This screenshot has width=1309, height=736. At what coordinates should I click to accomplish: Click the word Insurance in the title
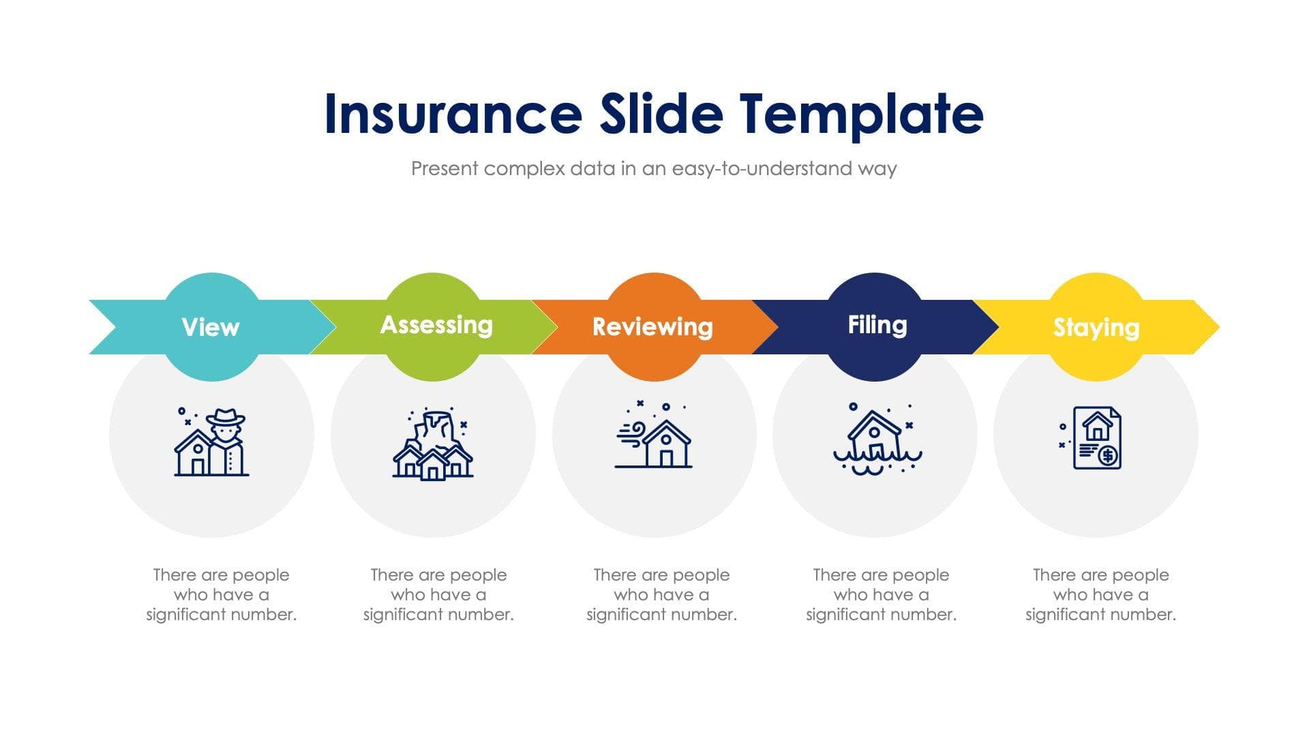pyautogui.click(x=452, y=114)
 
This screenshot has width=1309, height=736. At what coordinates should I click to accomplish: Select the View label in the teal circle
pyautogui.click(x=211, y=327)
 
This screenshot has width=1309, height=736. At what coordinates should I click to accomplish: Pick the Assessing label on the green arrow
pyautogui.click(x=436, y=325)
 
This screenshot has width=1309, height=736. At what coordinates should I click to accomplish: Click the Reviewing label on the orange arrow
pyautogui.click(x=652, y=326)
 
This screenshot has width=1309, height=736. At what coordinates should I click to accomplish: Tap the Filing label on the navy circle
pyautogui.click(x=877, y=325)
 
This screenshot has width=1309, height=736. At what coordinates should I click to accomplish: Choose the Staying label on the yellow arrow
pyautogui.click(x=1096, y=327)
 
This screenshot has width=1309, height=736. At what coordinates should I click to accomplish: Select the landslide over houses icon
pyautogui.click(x=433, y=444)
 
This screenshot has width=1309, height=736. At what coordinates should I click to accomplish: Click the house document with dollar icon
pyautogui.click(x=1096, y=438)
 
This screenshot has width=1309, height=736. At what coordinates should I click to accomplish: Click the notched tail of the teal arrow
pyautogui.click(x=109, y=327)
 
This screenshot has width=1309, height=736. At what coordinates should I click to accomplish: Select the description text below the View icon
pyautogui.click(x=221, y=594)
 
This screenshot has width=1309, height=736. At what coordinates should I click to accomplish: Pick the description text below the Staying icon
pyautogui.click(x=1100, y=594)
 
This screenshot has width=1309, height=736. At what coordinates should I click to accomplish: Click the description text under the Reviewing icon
pyautogui.click(x=661, y=594)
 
